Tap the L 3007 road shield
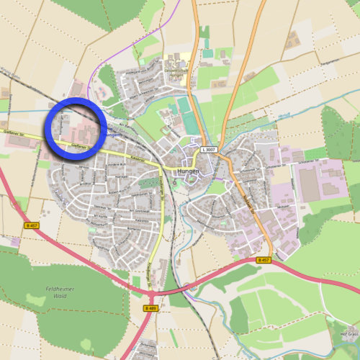point(210,149)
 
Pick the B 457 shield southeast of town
point(263,260)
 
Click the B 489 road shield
point(150,308)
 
